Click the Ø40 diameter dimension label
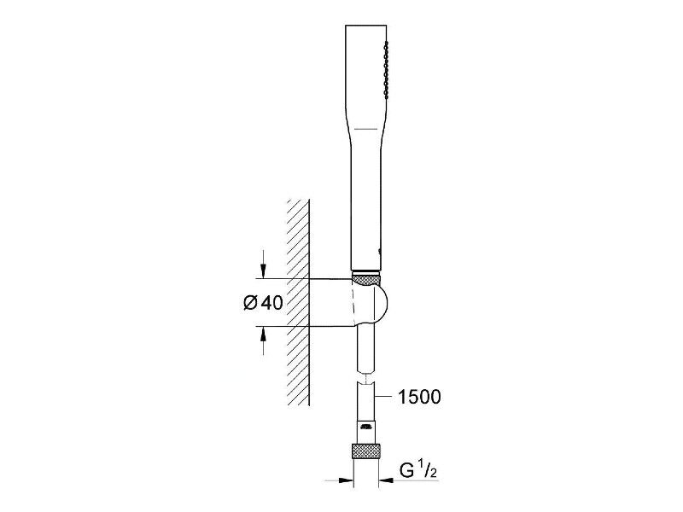tap(263, 303)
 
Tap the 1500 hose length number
tap(419, 397)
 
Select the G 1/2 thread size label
tap(418, 470)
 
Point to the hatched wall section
tap(299, 303)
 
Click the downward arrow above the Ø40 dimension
tap(263, 264)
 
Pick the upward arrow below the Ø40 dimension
tap(263, 340)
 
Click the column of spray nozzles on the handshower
tap(386, 69)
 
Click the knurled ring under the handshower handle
tap(366, 278)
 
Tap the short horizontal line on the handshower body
tap(366, 129)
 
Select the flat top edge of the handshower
tap(366, 26)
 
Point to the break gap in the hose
tap(366, 377)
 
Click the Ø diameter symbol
tap(251, 303)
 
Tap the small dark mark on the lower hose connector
tap(366, 426)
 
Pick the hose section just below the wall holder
tap(366, 348)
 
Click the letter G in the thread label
tap(406, 470)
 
